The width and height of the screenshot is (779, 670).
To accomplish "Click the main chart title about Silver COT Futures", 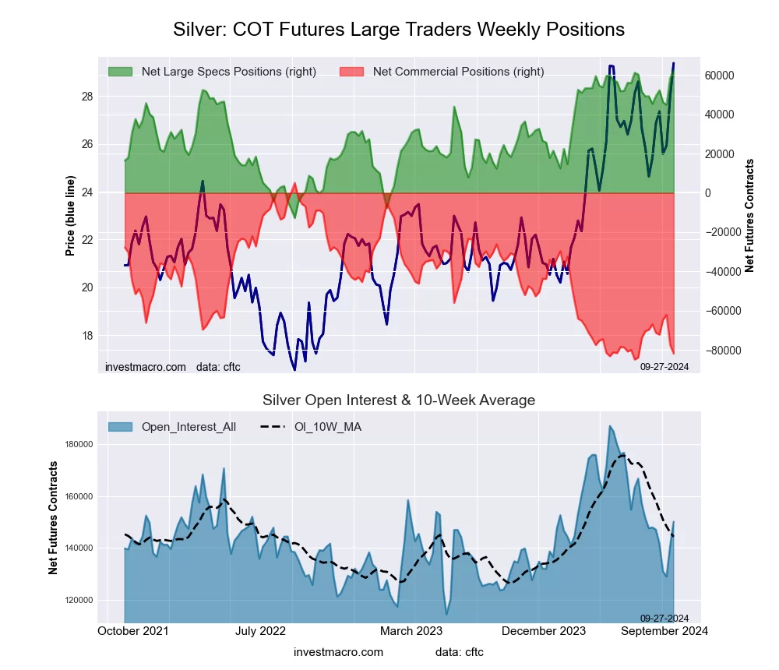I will pyautogui.click(x=398, y=30).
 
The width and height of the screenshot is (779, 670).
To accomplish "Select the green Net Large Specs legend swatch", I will pyautogui.click(x=121, y=72).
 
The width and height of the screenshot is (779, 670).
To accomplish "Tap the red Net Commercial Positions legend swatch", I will pyautogui.click(x=352, y=72).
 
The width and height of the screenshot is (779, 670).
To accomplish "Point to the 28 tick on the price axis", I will pyautogui.click(x=87, y=97).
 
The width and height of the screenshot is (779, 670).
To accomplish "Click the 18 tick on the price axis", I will pyautogui.click(x=87, y=336).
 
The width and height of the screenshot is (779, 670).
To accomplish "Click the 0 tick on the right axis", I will pyautogui.click(x=710, y=193).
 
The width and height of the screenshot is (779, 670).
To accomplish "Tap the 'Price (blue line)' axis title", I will pyautogui.click(x=70, y=216).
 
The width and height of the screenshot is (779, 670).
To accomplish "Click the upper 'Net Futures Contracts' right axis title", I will pyautogui.click(x=750, y=216).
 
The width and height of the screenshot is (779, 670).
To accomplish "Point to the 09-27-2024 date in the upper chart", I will pyautogui.click(x=664, y=366).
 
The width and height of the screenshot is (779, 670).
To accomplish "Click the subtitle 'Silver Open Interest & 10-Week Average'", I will pyautogui.click(x=399, y=400).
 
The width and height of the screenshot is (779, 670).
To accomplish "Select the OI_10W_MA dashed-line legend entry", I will pyautogui.click(x=312, y=427).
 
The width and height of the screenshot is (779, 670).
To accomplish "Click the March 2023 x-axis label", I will pyautogui.click(x=411, y=631).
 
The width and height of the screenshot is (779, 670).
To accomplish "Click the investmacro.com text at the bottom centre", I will pyautogui.click(x=338, y=652).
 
